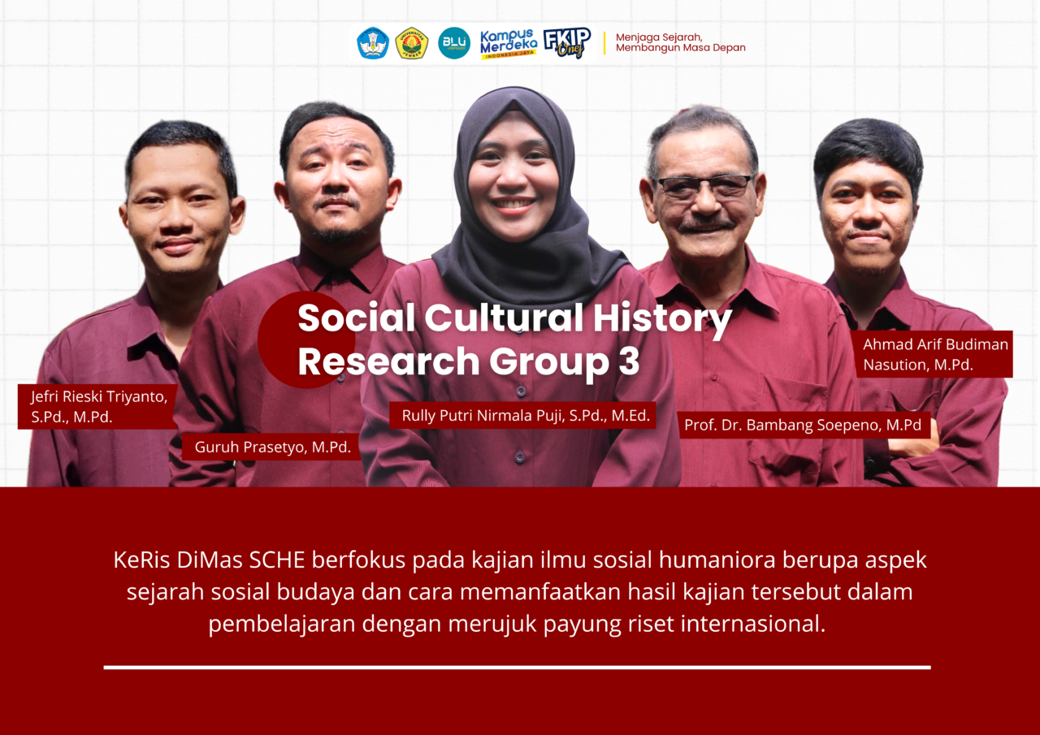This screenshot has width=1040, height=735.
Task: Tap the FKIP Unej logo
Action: [x=567, y=43]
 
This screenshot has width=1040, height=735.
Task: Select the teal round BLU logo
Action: [x=454, y=43]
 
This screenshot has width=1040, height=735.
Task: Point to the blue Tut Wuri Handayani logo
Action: [x=373, y=43]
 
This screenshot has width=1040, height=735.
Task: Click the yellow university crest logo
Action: [x=412, y=43]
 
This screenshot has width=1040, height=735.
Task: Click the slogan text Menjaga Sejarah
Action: [x=659, y=37]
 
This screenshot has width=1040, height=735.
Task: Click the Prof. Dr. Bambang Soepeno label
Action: [x=803, y=425]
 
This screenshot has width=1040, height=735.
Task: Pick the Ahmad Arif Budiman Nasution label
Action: [x=934, y=354]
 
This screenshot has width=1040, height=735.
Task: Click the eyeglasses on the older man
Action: [x=704, y=186]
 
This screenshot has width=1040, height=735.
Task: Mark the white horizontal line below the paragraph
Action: [x=517, y=668]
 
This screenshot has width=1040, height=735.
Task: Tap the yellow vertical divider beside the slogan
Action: [x=604, y=43]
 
